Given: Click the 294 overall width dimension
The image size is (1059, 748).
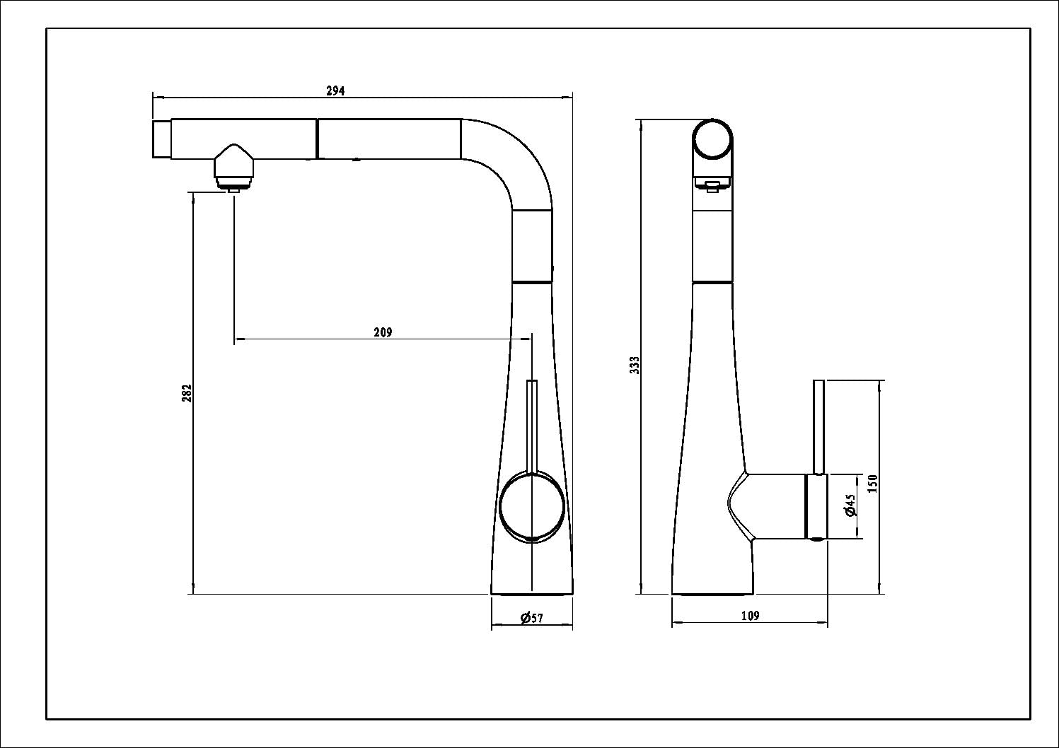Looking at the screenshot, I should point(335,90).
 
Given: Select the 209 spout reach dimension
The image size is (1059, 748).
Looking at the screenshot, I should point(383,332).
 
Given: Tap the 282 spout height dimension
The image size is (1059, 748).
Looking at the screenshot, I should point(187,393).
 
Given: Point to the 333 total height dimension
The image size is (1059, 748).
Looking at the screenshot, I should point(635,365).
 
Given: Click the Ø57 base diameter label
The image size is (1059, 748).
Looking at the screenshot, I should point(532,619).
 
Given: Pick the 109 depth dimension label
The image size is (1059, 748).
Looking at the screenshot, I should point(750,616).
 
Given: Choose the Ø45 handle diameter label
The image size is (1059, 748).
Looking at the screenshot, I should point(851,505).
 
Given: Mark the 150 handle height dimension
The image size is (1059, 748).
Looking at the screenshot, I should point(873,484).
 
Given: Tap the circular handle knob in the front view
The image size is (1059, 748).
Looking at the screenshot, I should point(532,506).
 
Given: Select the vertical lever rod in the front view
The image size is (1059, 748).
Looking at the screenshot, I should point(532,424).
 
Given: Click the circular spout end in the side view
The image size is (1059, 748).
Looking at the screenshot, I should point(712,139).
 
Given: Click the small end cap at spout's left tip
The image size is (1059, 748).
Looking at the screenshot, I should point(161,139).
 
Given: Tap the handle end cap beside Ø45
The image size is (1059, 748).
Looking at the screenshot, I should point(816,506).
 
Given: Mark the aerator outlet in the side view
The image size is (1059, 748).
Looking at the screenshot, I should point(712,185).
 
